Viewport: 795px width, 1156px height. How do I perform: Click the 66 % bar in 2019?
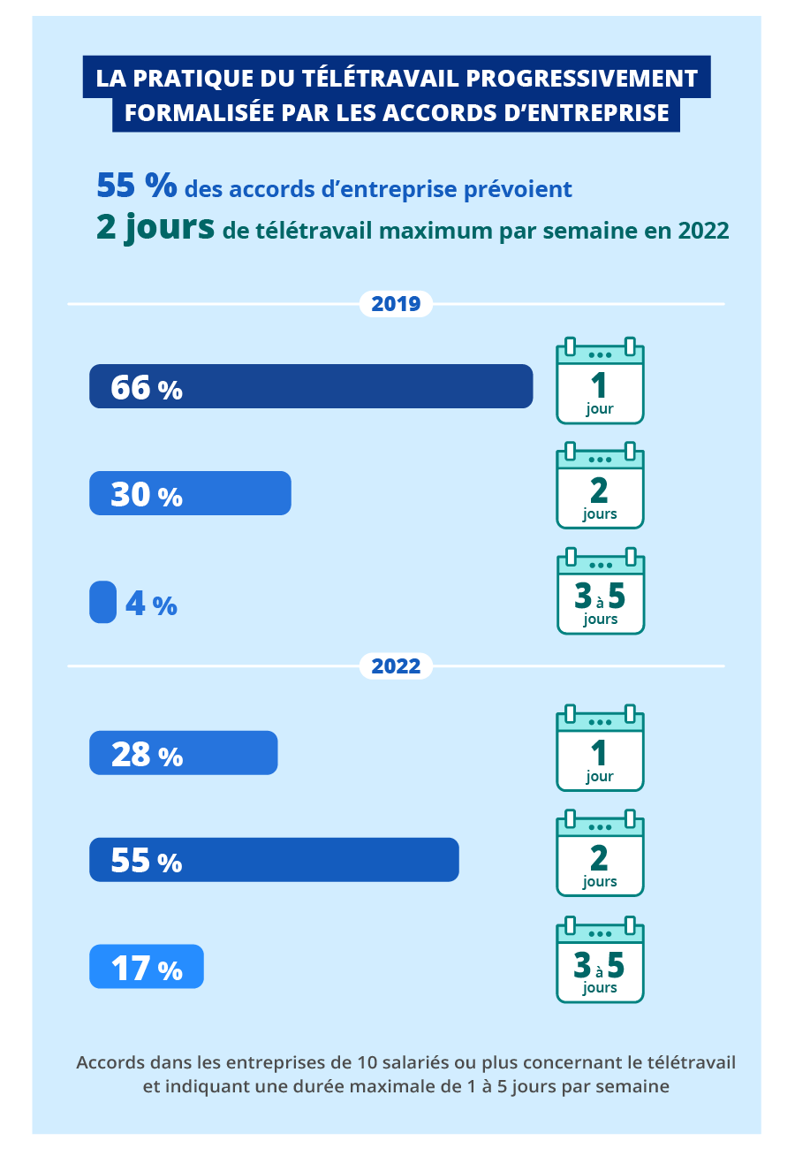311,386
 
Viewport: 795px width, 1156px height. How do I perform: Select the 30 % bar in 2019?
190,493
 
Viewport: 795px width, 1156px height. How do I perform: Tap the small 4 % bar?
102,602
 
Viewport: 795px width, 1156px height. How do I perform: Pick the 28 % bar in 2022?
184,753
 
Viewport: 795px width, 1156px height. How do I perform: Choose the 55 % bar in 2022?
274,860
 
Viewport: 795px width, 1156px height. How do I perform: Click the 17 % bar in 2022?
147,967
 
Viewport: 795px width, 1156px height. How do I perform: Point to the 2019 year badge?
396,304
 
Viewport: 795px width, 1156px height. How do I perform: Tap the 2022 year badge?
396,665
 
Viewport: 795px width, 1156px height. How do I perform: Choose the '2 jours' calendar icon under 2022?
600,855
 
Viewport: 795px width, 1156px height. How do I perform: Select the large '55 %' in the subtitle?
136,186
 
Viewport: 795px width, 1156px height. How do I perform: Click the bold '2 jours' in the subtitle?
155,228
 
